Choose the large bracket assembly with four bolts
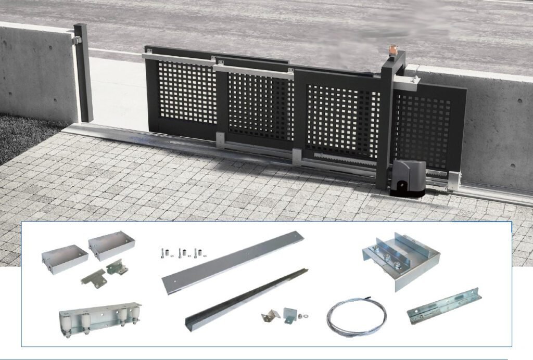coord(401,259)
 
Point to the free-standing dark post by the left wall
coord(83,73)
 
